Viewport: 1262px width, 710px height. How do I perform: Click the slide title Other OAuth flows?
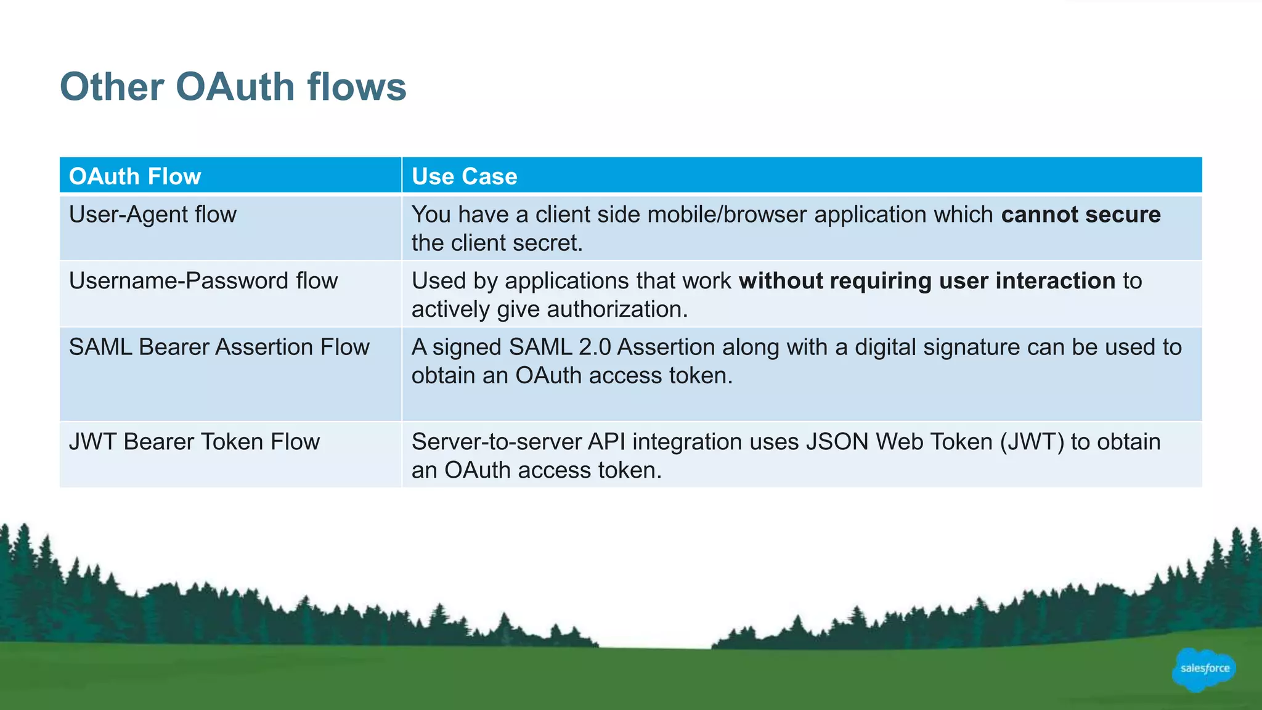click(233, 86)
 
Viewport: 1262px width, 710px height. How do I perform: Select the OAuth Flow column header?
click(135, 176)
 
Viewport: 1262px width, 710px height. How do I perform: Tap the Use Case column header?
click(464, 176)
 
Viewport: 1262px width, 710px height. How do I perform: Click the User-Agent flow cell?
click(153, 214)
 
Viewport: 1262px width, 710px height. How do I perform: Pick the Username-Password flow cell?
click(203, 281)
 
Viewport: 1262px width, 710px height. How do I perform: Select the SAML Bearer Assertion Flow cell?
click(219, 347)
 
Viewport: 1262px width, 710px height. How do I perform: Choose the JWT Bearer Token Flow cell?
click(194, 442)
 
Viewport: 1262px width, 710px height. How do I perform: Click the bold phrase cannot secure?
click(1080, 214)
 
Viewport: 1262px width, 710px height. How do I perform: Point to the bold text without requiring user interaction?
click(927, 281)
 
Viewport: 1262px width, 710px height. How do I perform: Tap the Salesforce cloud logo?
click(1203, 669)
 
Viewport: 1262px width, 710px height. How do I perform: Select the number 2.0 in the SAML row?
click(595, 347)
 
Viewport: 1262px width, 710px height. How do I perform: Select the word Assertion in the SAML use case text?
click(666, 347)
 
